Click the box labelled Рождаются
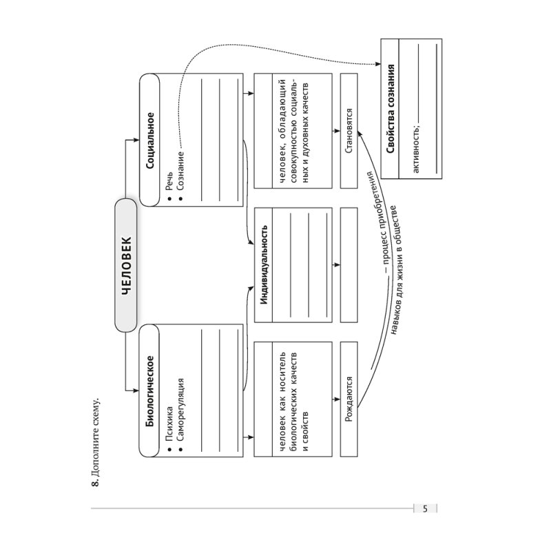pyautogui.click(x=350, y=402)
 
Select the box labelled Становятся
pyautogui.click(x=350, y=131)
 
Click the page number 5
pyautogui.click(x=425, y=509)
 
